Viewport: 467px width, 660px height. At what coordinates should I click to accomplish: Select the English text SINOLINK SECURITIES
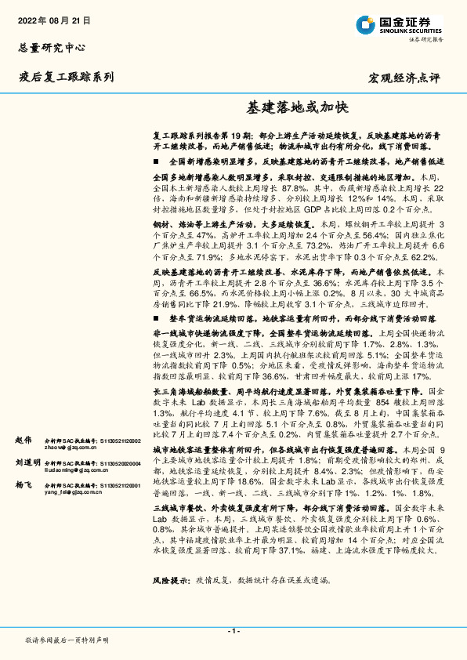(x=409, y=29)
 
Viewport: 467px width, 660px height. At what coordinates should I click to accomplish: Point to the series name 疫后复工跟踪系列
(x=66, y=77)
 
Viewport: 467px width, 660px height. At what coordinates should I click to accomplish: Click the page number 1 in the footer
(x=233, y=631)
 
